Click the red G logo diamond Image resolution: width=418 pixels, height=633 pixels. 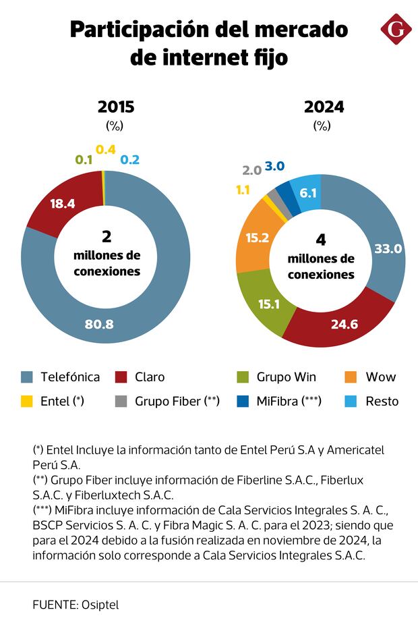coord(396,29)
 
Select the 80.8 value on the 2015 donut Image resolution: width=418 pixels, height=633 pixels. coord(99,324)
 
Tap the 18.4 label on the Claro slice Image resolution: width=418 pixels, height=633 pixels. coord(63,202)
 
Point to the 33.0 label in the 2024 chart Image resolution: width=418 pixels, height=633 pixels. coord(388,249)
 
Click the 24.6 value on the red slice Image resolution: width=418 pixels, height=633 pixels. coord(343,324)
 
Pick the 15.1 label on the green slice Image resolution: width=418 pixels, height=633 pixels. coord(269,304)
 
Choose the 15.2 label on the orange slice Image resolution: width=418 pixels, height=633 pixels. coord(258,238)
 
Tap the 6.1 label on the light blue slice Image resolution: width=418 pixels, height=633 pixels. coord(308,193)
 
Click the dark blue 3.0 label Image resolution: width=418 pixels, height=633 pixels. coord(274,166)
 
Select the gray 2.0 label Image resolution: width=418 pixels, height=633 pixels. coord(251,170)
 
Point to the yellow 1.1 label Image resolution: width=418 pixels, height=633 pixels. coord(243,190)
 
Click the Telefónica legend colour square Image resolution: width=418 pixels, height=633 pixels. coord(27,377)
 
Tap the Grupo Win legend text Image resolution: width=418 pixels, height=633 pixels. coord(286,377)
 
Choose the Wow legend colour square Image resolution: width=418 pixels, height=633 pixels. coord(351,377)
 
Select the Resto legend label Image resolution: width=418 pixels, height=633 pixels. coord(382,402)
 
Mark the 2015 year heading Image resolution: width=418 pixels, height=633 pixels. coord(116,107)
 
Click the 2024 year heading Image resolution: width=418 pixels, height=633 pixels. coord(324,107)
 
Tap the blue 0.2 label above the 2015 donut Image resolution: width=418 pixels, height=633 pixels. coord(129,160)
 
